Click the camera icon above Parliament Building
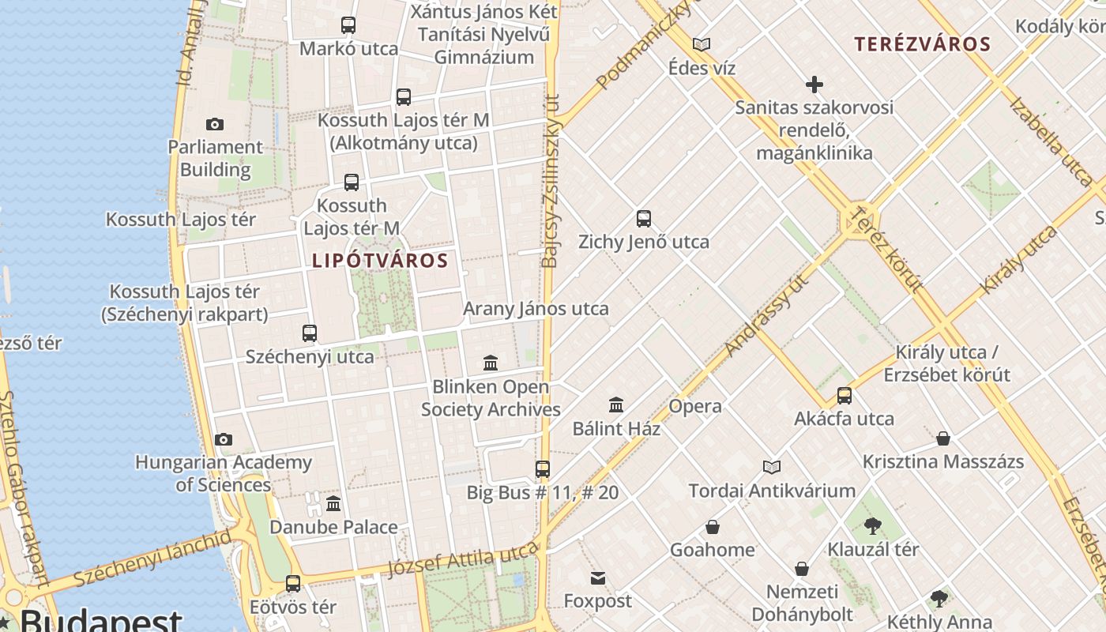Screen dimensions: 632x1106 214,124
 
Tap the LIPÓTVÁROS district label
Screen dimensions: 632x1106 380,261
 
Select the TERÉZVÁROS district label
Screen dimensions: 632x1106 922,44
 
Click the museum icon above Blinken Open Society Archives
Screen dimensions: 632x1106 491,363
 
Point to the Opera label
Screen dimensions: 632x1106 695,407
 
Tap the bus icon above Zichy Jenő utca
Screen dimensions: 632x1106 644,219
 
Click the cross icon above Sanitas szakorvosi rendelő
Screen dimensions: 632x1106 814,84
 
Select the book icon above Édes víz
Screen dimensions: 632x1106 702,44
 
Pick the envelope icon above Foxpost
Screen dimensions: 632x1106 598,578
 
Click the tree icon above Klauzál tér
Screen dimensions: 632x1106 873,525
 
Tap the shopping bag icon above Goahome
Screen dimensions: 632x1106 712,527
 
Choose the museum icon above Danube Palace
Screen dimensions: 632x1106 333,503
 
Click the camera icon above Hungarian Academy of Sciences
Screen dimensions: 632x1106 224,439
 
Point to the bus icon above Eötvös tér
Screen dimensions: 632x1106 293,584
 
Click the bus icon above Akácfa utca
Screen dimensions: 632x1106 845,396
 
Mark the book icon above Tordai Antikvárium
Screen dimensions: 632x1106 771,467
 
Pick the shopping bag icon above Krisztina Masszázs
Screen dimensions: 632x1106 942,438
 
